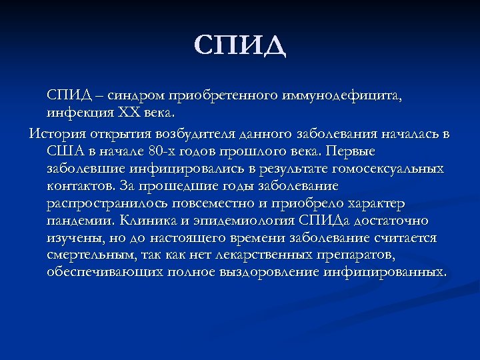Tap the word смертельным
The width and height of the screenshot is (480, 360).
point(91,255)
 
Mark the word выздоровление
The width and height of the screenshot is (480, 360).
point(283,273)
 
